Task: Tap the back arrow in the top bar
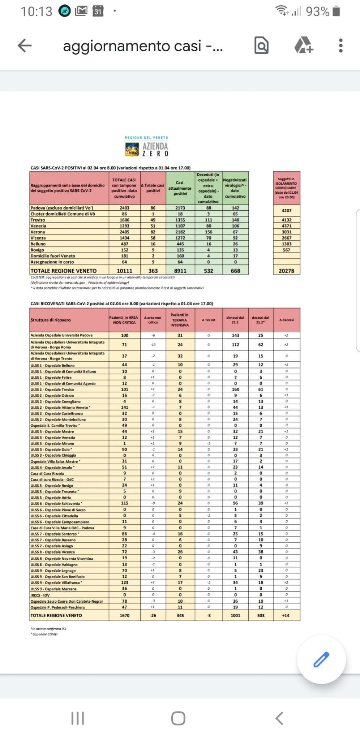point(25,46)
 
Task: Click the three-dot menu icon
point(340,46)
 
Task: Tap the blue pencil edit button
point(321,659)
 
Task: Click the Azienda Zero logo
point(146,147)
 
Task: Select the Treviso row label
point(38,220)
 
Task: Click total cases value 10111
point(124,271)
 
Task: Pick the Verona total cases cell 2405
point(124,232)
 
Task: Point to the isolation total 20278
point(286,271)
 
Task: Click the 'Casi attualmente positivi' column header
point(180,188)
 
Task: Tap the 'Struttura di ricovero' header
point(51,320)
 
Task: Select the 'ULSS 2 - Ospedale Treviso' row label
point(52,390)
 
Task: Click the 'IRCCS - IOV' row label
point(40,595)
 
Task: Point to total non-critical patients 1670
point(124,615)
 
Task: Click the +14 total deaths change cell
point(286,615)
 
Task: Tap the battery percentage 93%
point(318,12)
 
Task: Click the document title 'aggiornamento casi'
point(142,46)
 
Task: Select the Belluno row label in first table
point(38,244)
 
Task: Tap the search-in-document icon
point(261,46)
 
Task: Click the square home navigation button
point(178,718)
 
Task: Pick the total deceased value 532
point(209,271)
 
